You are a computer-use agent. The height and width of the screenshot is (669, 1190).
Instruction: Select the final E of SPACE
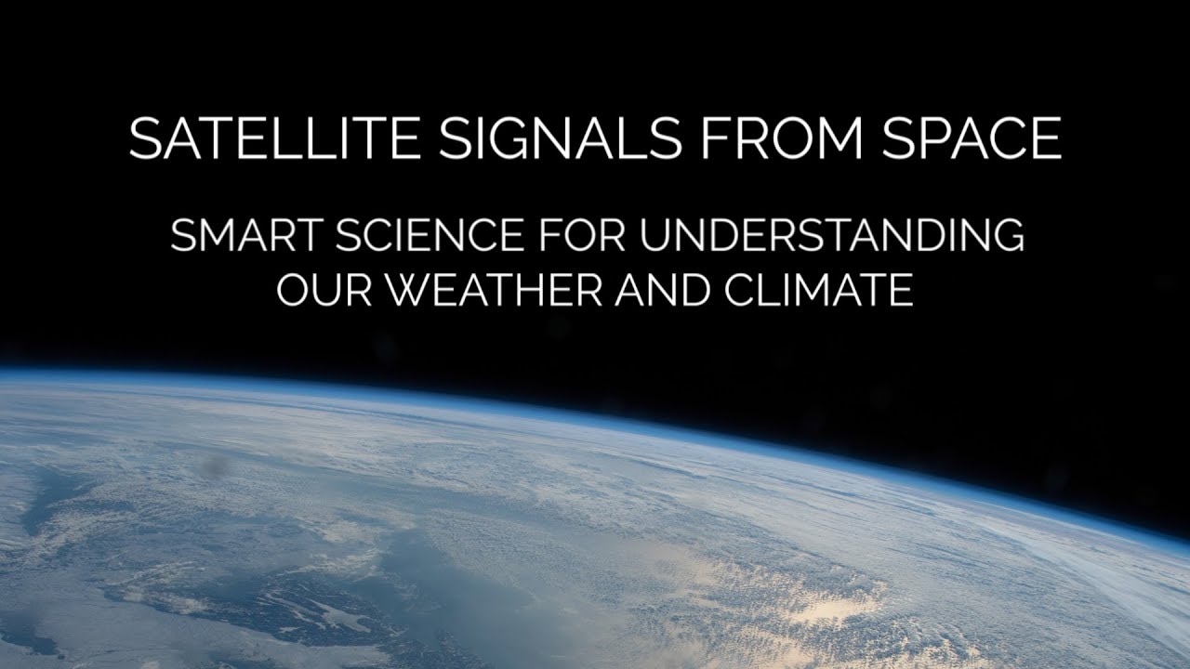tap(1047, 138)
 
